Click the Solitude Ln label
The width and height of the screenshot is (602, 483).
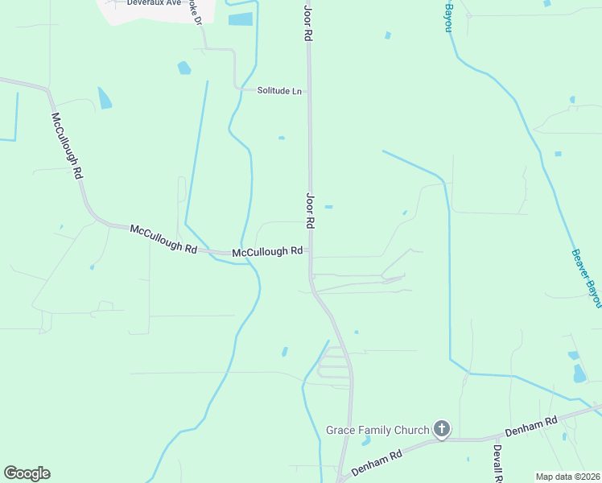279,91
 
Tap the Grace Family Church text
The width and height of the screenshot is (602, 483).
377,430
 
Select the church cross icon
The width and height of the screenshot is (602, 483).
441,429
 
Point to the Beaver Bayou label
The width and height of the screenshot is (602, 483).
586,278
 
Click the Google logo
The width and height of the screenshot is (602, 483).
27,473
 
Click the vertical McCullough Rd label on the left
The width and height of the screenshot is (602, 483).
68,146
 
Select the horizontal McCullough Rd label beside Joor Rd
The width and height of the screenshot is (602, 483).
267,252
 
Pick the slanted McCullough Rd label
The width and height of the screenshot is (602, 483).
163,239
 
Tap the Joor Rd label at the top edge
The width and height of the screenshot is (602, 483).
307,22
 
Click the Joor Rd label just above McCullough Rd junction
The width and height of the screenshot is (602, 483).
310,212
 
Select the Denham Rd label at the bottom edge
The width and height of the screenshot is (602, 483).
376,466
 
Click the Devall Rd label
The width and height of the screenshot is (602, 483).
497,464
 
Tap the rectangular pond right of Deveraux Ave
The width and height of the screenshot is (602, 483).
240,19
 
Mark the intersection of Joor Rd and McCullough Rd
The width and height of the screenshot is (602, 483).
311,252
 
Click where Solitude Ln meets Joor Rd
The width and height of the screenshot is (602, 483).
308,91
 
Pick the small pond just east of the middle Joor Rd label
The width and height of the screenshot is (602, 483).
328,207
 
